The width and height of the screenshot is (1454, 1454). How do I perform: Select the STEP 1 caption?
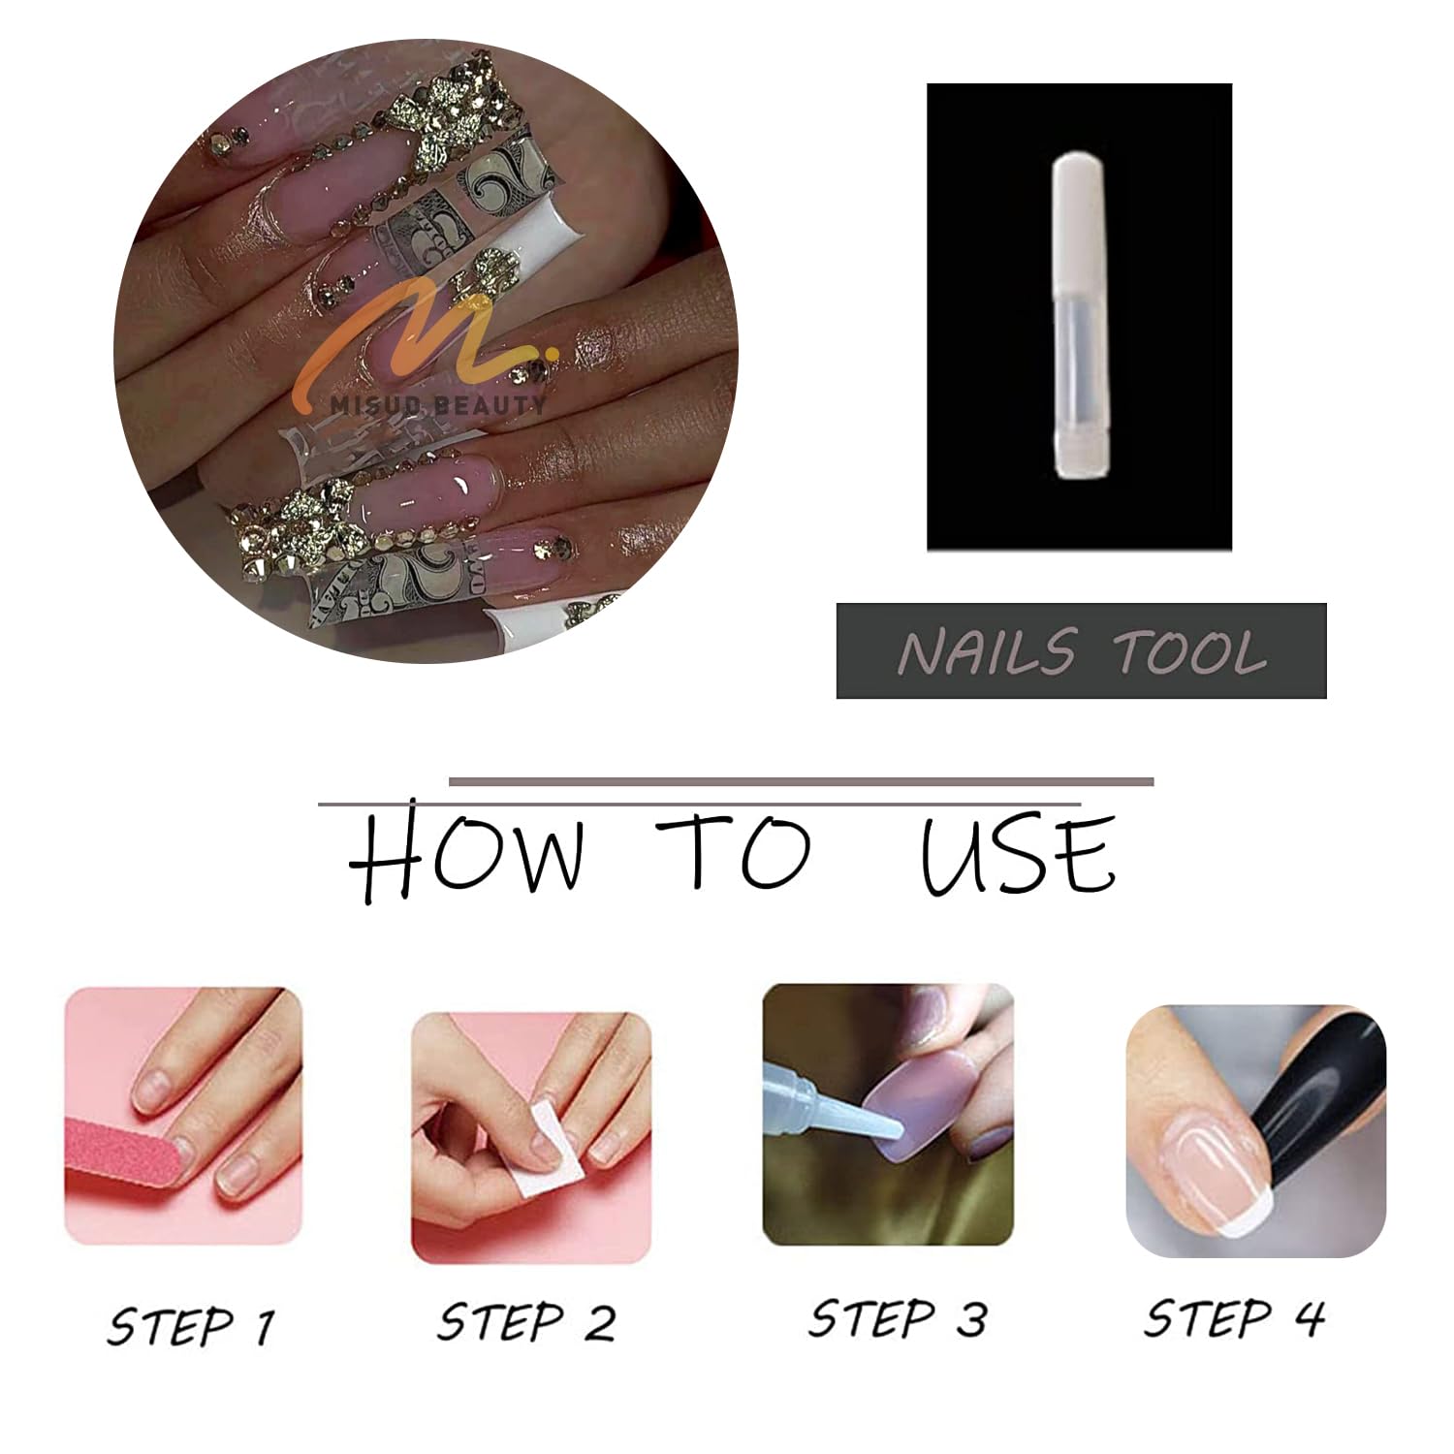[x=191, y=1325]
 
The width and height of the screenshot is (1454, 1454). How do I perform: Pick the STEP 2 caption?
[x=526, y=1322]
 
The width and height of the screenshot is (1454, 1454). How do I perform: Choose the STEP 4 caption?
[x=1234, y=1318]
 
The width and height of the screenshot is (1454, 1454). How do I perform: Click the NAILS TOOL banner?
[x=1081, y=650]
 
